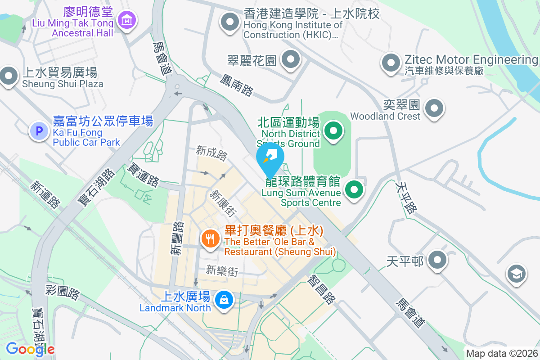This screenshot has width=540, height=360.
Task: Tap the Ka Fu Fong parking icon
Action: click(39, 131)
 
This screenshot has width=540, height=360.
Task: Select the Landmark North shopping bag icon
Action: click(223, 299)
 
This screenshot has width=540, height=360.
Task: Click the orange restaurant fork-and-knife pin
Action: click(210, 237)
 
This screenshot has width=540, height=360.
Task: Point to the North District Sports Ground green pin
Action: click(333, 131)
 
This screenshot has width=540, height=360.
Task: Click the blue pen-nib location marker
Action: click(270, 158)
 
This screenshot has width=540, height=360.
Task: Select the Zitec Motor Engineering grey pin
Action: click(391, 63)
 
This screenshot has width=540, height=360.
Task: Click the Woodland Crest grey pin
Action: click(434, 108)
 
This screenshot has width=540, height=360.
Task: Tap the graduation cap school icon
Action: click(517, 273)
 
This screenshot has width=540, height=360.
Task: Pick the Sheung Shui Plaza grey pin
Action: click(9, 75)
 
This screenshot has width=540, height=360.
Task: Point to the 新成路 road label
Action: click(212, 153)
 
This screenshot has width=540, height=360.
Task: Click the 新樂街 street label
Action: click(221, 271)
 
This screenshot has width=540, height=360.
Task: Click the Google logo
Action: click(30, 349)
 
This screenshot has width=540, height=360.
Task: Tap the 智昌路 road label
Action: click(322, 290)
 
